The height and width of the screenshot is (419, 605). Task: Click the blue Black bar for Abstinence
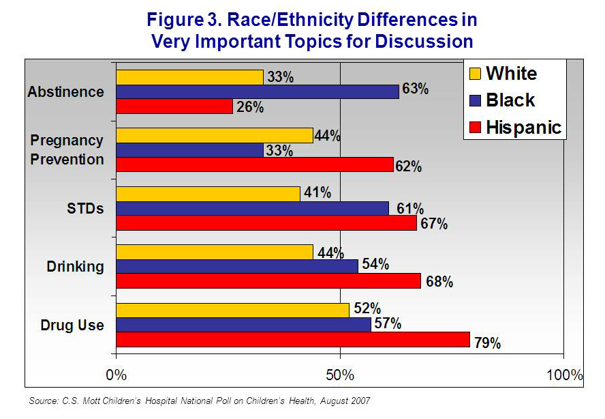click(x=258, y=91)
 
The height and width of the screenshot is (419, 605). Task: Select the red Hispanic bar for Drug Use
click(x=293, y=339)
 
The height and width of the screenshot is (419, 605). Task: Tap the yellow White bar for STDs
click(x=208, y=194)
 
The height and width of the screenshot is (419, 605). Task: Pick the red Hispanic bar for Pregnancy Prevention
click(x=255, y=164)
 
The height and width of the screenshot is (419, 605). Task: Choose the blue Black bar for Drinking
click(x=237, y=266)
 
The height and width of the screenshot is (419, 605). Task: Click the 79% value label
click(x=487, y=343)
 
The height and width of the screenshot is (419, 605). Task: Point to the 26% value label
click(x=249, y=107)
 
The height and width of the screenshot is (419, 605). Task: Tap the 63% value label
click(x=415, y=89)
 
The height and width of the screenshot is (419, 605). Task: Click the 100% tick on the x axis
click(x=564, y=375)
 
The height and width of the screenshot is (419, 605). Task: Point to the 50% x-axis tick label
click(x=340, y=375)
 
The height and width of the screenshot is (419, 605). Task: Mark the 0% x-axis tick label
click(x=117, y=375)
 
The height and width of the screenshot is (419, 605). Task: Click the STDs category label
click(x=85, y=208)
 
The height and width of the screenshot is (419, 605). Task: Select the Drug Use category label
click(x=72, y=325)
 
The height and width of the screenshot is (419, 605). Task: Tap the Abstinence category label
click(x=66, y=91)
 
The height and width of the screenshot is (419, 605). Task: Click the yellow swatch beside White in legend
click(x=474, y=74)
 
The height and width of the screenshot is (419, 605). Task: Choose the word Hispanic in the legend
click(x=523, y=127)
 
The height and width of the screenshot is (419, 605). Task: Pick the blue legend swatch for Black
click(x=474, y=100)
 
